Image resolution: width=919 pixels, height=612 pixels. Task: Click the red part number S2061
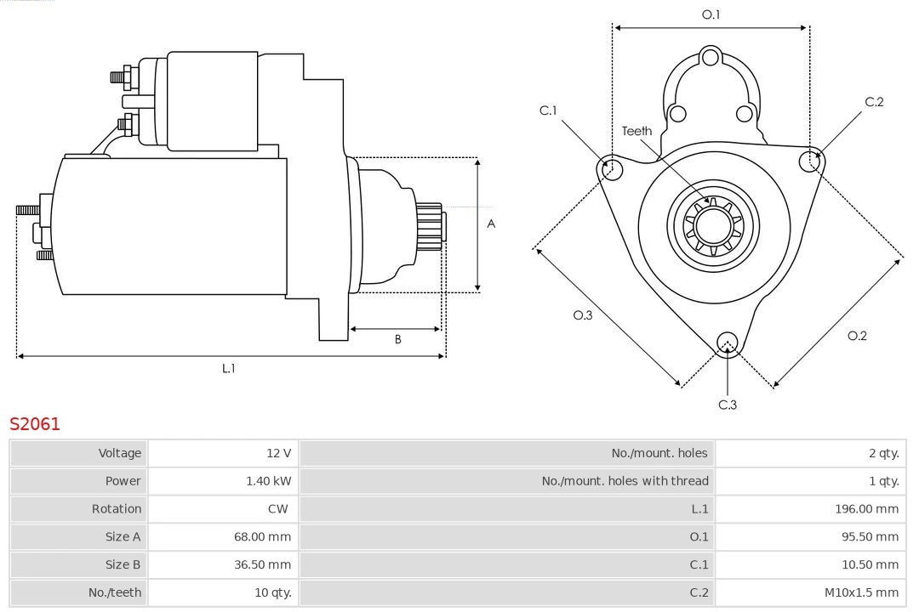point(35,423)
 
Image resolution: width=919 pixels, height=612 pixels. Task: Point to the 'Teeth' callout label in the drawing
point(636,131)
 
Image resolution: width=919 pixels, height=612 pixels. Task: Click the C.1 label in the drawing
point(548,110)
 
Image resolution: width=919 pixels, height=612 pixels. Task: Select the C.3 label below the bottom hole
point(728,405)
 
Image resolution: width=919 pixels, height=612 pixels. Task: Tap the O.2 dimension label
point(857,336)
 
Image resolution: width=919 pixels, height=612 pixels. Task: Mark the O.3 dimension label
point(582,315)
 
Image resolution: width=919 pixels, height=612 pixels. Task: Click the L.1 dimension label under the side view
point(228,368)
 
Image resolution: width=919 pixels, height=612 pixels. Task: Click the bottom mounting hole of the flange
point(727,343)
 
